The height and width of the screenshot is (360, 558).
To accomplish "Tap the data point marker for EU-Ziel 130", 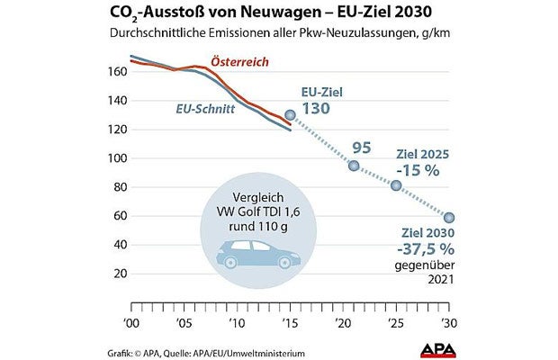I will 290,115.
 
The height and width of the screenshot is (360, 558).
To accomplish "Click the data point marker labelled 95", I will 354,166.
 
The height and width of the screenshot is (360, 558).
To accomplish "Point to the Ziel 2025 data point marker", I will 396,185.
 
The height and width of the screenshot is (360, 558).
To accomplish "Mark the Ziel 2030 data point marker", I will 449,217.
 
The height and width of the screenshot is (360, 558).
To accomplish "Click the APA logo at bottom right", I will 442,347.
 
